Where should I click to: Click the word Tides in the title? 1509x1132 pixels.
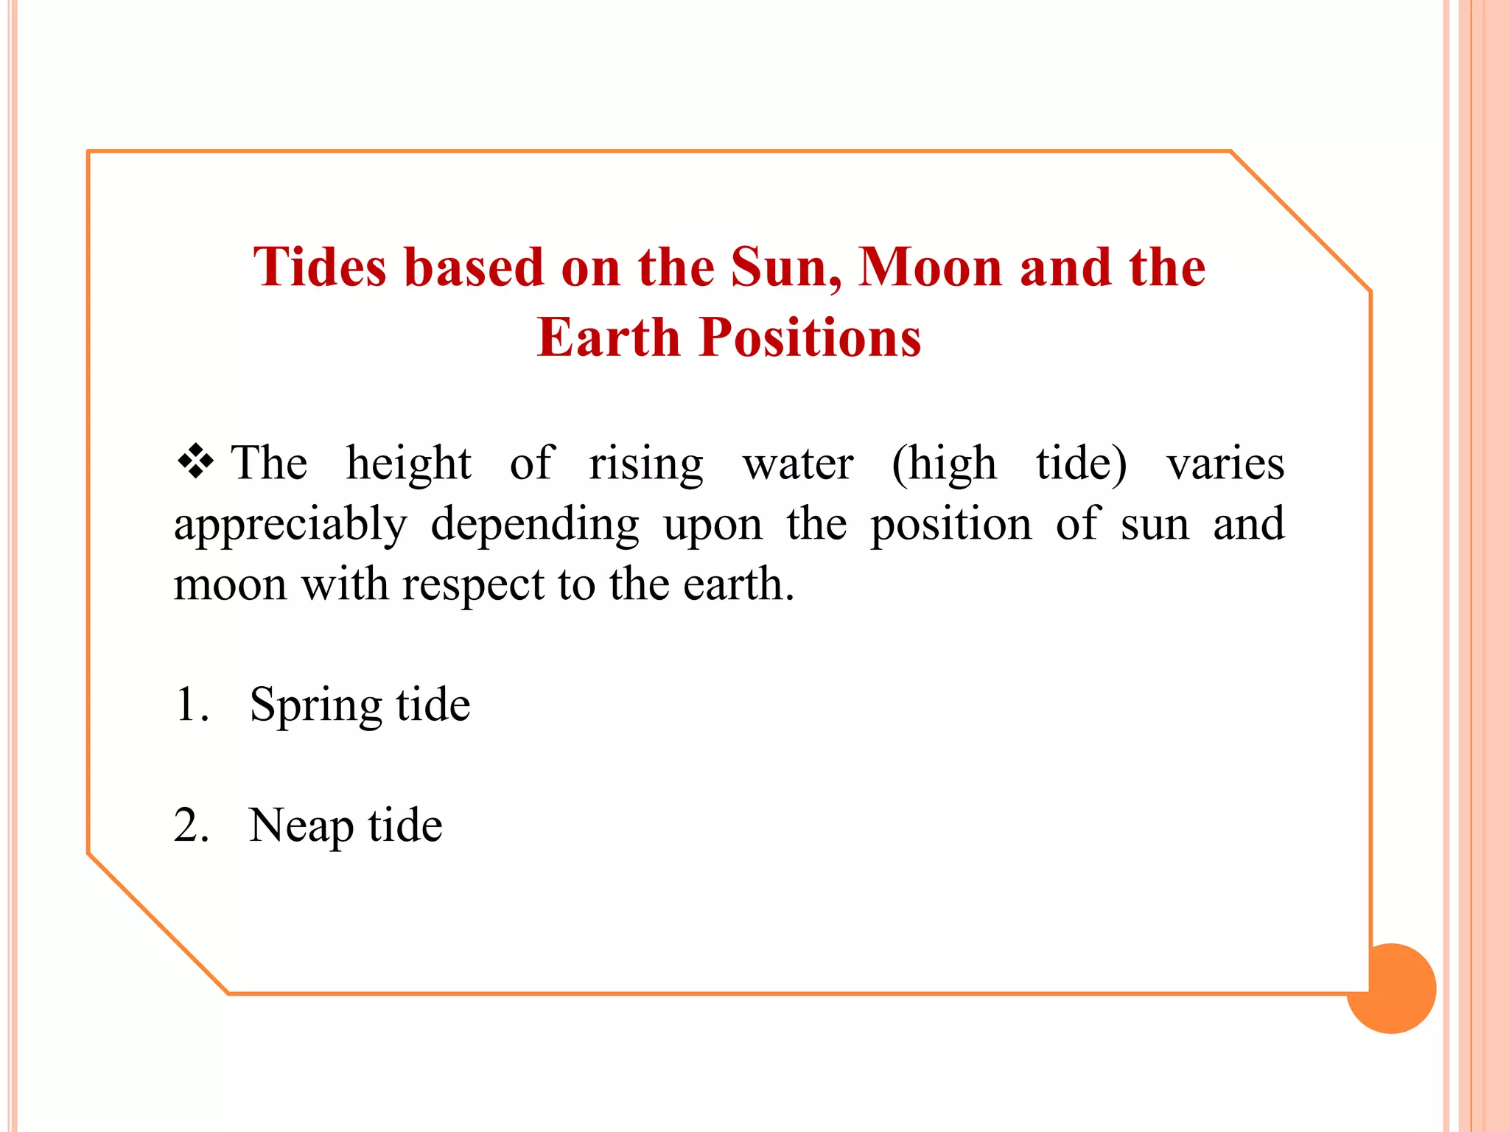click(319, 267)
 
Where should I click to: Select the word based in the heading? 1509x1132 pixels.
click(474, 267)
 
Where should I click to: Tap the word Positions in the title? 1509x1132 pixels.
click(810, 338)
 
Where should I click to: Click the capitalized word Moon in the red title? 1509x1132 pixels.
click(930, 267)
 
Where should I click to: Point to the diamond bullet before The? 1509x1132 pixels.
click(195, 462)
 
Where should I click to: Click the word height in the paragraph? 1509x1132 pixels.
click(408, 465)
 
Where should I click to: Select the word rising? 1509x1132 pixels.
click(645, 465)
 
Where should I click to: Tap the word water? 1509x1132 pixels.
click(798, 465)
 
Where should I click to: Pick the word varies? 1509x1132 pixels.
click(1225, 465)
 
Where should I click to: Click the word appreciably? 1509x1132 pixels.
click(290, 526)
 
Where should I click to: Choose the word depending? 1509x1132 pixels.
click(535, 526)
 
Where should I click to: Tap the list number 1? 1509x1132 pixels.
click(188, 705)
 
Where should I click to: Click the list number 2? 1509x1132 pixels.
click(189, 825)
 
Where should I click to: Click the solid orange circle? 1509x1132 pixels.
click(1392, 989)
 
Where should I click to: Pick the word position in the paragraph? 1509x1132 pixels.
click(950, 526)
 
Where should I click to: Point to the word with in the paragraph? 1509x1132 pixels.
click(344, 585)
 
